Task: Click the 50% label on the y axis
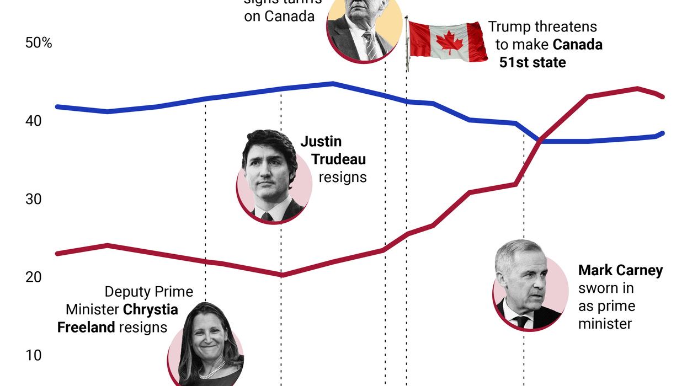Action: tap(39, 42)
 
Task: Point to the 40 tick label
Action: tap(34, 121)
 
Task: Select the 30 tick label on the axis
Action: tap(34, 199)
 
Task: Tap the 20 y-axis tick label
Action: tap(34, 277)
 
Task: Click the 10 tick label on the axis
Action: tap(34, 355)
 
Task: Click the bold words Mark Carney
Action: tap(620, 270)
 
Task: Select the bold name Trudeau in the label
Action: tap(338, 159)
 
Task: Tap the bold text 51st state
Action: tap(532, 62)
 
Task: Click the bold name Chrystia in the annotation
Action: tap(151, 309)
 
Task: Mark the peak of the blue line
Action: tap(333, 83)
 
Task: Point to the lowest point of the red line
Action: tap(281, 275)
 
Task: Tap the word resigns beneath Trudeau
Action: tap(342, 177)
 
